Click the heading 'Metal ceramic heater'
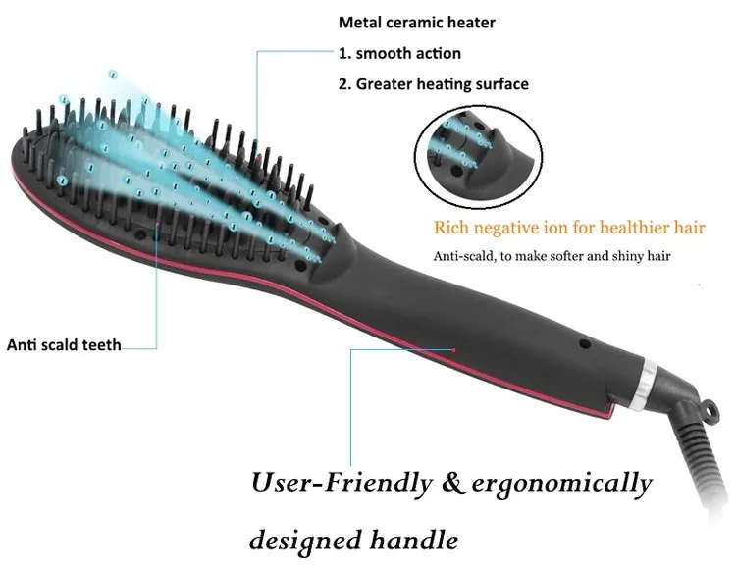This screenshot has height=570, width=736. [417, 23]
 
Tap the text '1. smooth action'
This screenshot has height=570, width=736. [399, 53]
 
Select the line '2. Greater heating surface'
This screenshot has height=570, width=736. [433, 84]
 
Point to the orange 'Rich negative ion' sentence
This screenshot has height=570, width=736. [569, 229]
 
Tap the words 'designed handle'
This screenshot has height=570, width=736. [354, 539]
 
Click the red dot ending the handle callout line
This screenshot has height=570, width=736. [455, 348]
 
